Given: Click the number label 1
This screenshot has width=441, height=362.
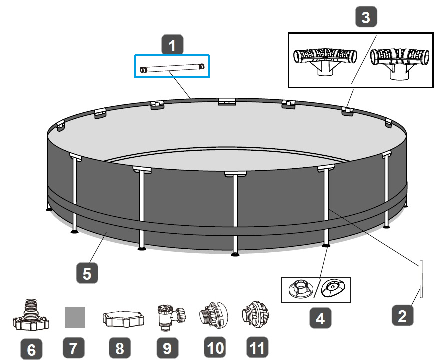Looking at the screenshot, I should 172,45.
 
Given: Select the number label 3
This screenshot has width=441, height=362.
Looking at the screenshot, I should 366,18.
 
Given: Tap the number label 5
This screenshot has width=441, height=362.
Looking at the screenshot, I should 87,274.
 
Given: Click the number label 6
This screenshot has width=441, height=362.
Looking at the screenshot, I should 31,349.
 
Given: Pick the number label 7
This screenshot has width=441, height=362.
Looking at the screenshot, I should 75,347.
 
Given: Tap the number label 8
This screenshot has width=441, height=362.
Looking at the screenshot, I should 120,347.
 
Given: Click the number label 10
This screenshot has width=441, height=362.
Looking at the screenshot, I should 215,347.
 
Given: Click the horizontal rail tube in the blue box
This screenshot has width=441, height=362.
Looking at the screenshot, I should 172,67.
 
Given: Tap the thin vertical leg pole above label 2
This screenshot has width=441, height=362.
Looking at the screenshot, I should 422,279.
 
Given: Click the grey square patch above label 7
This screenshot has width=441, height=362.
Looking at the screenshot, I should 75,317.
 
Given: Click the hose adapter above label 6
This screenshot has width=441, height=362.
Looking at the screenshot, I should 31,315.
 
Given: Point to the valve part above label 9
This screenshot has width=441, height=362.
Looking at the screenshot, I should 170,316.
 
